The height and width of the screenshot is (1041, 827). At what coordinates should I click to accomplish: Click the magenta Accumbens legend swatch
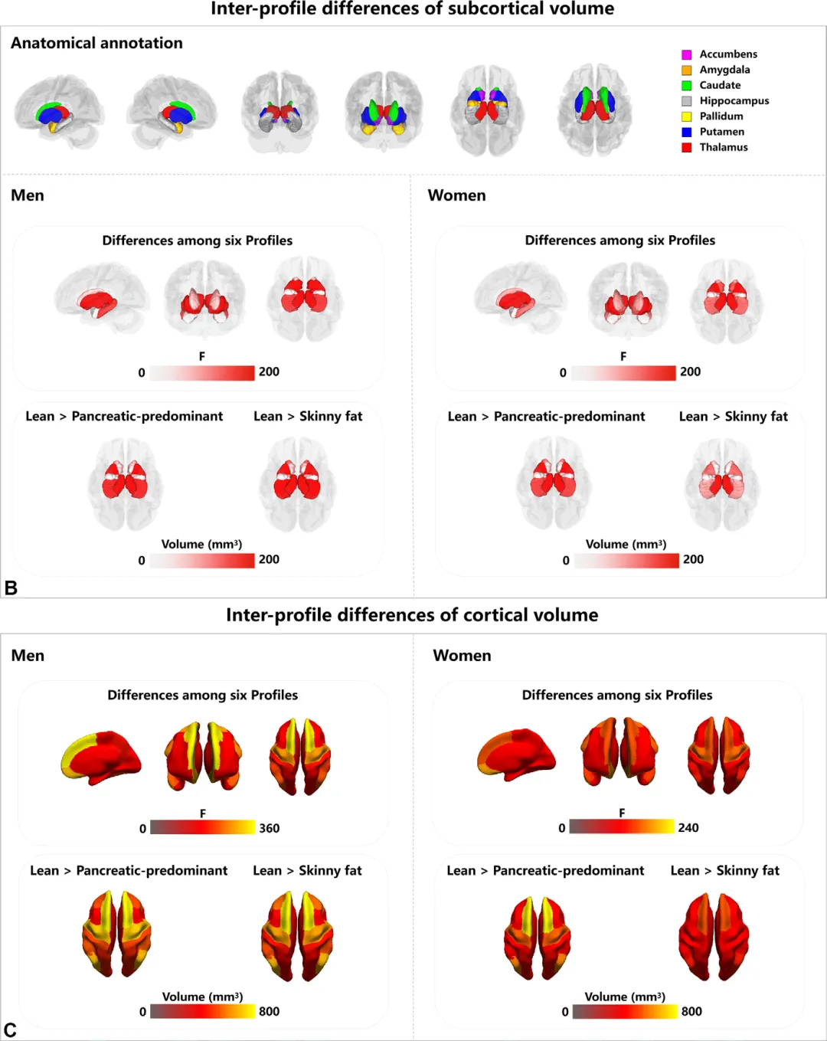(x=687, y=54)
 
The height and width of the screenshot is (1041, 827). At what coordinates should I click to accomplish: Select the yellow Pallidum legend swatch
(x=687, y=116)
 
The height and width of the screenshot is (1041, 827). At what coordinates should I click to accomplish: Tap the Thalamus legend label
(x=723, y=147)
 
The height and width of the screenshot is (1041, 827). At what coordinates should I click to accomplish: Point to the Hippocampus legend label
(x=734, y=100)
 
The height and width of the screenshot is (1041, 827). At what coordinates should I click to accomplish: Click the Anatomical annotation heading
(x=96, y=43)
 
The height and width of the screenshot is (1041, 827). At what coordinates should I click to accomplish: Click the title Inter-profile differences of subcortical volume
(x=412, y=8)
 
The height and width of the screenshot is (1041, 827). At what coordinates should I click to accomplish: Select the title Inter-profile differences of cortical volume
(x=412, y=615)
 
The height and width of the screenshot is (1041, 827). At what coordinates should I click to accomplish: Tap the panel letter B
(x=11, y=588)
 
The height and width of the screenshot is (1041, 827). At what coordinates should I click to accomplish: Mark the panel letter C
(x=10, y=1030)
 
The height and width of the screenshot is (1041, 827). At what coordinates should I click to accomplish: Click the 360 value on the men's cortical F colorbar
(x=269, y=828)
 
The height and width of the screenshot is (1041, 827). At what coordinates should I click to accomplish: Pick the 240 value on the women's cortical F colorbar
(x=688, y=827)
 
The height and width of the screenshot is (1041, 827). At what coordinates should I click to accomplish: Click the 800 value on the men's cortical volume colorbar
(x=269, y=1011)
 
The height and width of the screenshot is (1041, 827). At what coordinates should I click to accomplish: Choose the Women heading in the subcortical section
(x=456, y=195)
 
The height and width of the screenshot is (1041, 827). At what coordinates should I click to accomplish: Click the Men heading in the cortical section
(x=28, y=656)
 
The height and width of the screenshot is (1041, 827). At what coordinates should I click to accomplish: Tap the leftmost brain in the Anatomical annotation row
(x=58, y=112)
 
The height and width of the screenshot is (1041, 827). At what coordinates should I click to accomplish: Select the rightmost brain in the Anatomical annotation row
(x=595, y=110)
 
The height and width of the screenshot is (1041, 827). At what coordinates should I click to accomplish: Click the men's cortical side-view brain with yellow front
(x=101, y=758)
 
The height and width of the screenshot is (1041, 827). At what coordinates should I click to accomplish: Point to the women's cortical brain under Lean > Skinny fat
(x=714, y=937)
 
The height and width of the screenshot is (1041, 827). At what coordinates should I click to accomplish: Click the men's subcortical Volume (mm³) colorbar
(x=202, y=560)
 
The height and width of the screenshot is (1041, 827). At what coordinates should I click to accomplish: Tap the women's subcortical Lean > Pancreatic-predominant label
(x=546, y=416)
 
